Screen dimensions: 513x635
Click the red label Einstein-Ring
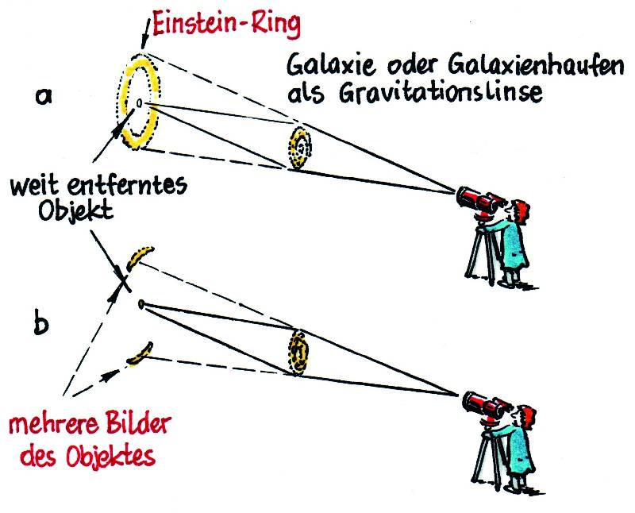pos(227,25)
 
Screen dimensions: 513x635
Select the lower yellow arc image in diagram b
pos(140,353)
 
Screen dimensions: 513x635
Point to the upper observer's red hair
pos(521,210)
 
